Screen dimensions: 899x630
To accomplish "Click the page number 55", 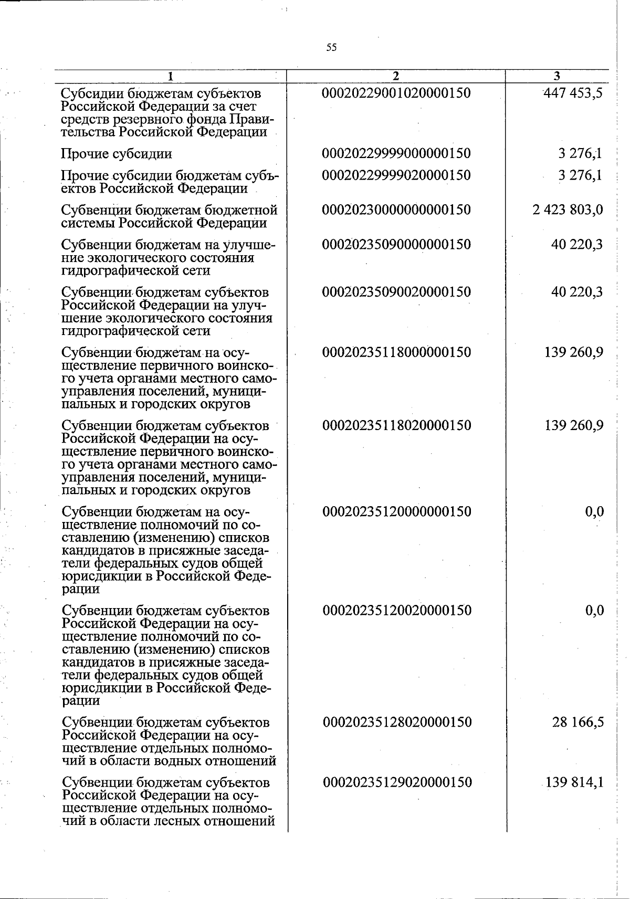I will [x=331, y=48].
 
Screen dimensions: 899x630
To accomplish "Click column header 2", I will [x=396, y=77].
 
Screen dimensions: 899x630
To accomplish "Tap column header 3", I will [x=556, y=77].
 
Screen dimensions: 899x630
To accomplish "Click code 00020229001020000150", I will [x=396, y=93].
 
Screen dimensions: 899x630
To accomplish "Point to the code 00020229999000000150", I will [x=396, y=153].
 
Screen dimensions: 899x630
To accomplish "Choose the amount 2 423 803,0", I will [x=567, y=210].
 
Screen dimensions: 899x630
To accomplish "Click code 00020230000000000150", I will [x=396, y=210].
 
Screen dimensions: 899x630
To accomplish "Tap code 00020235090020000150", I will [x=396, y=292].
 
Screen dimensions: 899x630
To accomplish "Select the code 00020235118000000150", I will [x=396, y=352].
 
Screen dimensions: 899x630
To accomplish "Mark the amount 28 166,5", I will [x=577, y=722].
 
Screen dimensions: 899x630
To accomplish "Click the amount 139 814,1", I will [x=574, y=782].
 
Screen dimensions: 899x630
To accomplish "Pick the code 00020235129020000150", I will [x=396, y=782].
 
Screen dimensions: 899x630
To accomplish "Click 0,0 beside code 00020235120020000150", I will [x=594, y=610].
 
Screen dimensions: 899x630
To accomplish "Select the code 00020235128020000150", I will [x=396, y=722].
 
